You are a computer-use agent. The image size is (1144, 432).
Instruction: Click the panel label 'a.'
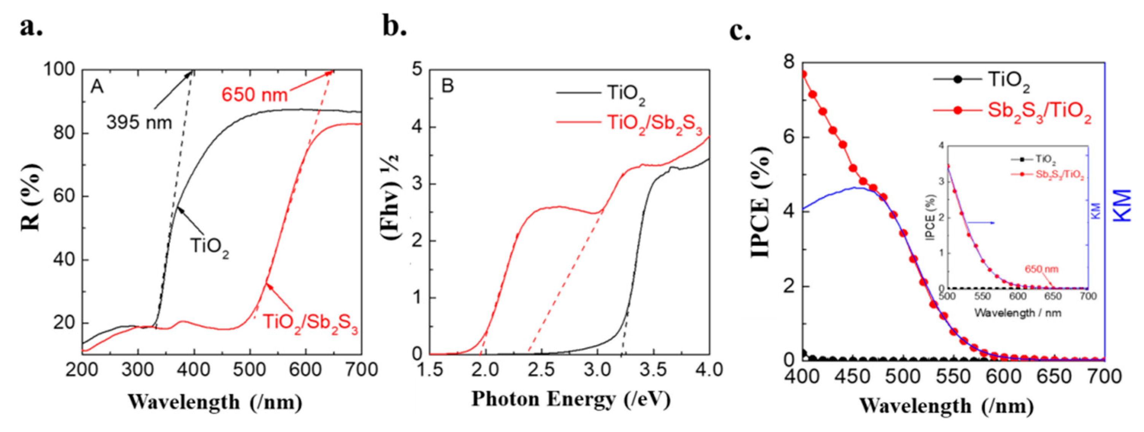[x=31, y=27]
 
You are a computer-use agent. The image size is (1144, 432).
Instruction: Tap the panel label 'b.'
[x=395, y=27]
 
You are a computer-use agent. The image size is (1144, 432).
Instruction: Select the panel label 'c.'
[x=740, y=32]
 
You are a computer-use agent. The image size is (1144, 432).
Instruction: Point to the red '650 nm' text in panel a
[x=255, y=94]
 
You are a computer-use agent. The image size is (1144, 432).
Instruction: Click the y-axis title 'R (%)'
[x=31, y=197]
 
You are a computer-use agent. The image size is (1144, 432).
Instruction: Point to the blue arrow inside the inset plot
[x=980, y=223]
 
